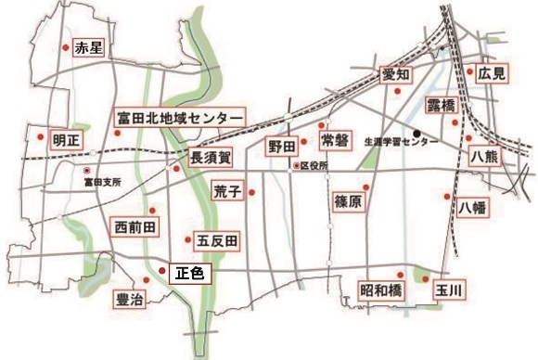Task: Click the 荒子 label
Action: tap(227, 192)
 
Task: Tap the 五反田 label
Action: tap(218, 241)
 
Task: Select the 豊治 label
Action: tap(132, 299)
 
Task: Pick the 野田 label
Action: tap(282, 147)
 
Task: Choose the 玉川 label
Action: tap(450, 290)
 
